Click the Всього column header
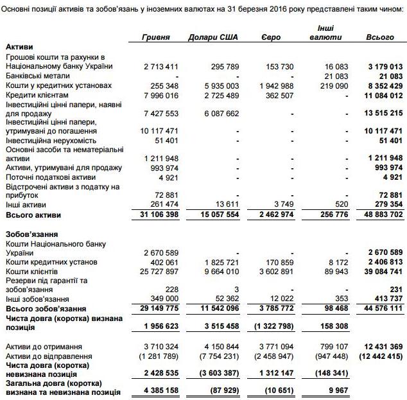tap(380, 37)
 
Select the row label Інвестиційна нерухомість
tap(51, 140)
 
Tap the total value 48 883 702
tap(381, 214)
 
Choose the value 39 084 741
tap(381, 271)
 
